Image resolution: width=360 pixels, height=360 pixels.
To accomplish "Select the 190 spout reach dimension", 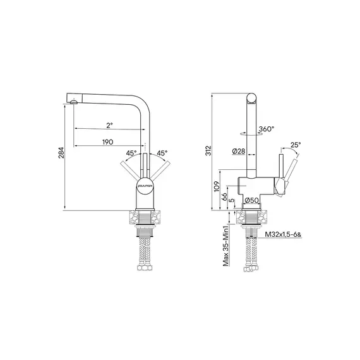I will point(107,142).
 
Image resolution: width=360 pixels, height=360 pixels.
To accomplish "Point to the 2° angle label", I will point(109,125).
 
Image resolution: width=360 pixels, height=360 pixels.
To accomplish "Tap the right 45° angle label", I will point(162,153).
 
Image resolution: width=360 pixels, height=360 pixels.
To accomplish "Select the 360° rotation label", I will point(266,129).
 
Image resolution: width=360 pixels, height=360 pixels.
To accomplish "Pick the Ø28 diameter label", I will point(239,151).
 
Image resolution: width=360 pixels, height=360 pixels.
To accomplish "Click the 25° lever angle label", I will point(295,145).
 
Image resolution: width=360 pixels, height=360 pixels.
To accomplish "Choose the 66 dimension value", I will point(225,196).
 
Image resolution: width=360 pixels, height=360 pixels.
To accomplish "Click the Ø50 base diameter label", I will point(253,200).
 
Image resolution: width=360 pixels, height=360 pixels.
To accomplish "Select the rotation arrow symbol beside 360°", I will point(247,133).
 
